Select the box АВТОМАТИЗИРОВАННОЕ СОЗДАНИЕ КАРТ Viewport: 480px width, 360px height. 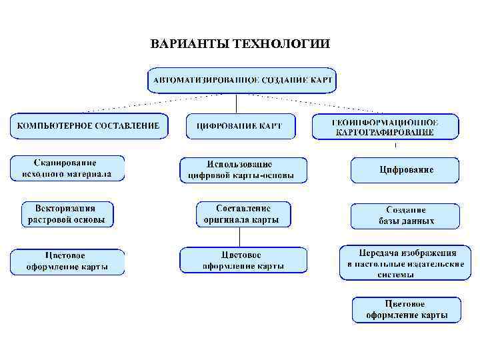(x=241, y=80)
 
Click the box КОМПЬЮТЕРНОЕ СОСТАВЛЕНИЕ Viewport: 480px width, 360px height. (x=88, y=125)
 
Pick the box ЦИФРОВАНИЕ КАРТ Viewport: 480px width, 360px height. (x=239, y=126)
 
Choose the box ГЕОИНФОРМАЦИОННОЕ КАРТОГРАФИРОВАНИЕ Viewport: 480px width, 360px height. (x=385, y=126)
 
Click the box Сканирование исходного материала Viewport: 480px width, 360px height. (x=67, y=169)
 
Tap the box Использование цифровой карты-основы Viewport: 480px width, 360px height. (x=243, y=171)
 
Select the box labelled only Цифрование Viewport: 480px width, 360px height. (x=405, y=170)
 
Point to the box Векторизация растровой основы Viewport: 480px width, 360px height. (x=67, y=214)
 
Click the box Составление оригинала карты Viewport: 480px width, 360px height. (x=243, y=214)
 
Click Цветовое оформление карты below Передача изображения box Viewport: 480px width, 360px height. (x=406, y=310)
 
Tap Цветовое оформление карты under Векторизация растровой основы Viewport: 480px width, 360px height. (x=67, y=261)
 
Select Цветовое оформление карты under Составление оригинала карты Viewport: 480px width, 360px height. (x=243, y=260)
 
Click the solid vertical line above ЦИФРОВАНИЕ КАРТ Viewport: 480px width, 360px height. (x=236, y=103)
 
